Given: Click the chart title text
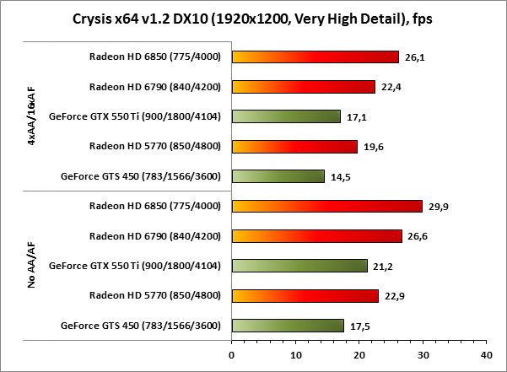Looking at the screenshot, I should [253, 19].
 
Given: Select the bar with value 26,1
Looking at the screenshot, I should [315, 57].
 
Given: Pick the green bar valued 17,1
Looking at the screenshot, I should [286, 116].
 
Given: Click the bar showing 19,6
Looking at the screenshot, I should [294, 147].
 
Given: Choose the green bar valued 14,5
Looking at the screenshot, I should [278, 176].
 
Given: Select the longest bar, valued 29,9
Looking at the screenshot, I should [326, 206].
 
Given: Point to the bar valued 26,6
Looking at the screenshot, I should [316, 236].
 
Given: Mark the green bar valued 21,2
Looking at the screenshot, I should [299, 266].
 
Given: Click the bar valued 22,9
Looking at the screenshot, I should [305, 295].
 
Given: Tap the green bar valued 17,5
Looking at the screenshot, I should [288, 326].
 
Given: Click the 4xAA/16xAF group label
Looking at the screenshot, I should [32, 116].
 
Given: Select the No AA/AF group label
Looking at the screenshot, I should [32, 266].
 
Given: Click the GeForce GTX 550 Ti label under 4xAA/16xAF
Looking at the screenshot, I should [136, 116].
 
